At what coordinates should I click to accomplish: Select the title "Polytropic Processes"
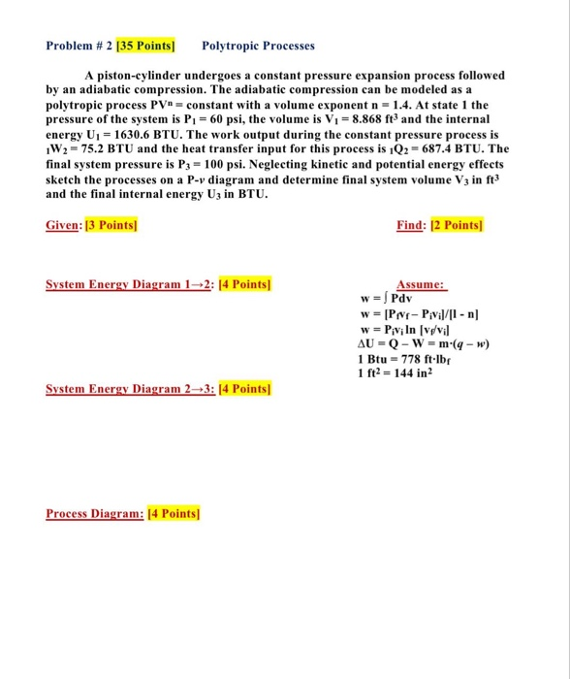259,46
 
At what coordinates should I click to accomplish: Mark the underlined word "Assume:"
421,285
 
